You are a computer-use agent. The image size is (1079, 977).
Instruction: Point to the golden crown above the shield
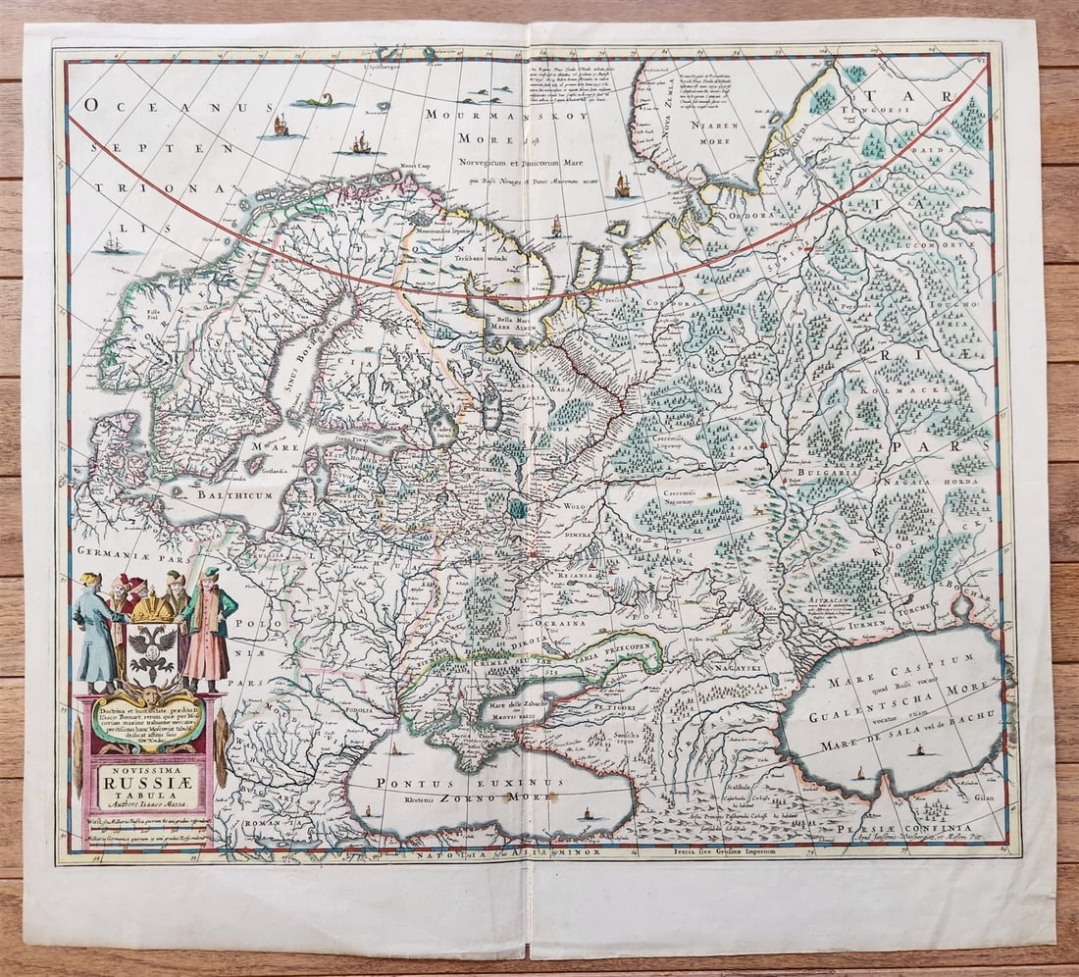(153, 609)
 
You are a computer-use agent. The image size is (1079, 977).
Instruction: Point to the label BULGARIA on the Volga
(829, 472)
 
